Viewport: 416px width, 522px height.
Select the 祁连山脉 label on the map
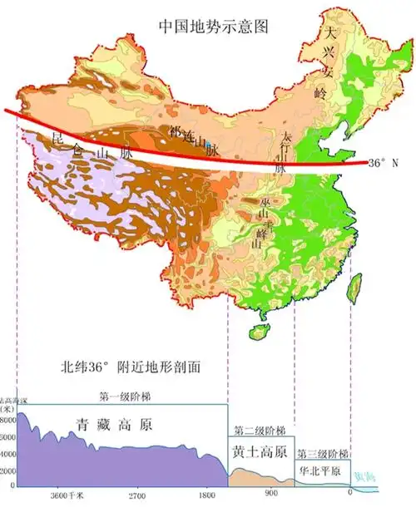[194, 140]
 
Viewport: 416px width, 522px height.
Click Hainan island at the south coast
[259, 332]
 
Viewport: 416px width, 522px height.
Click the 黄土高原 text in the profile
[260, 453]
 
